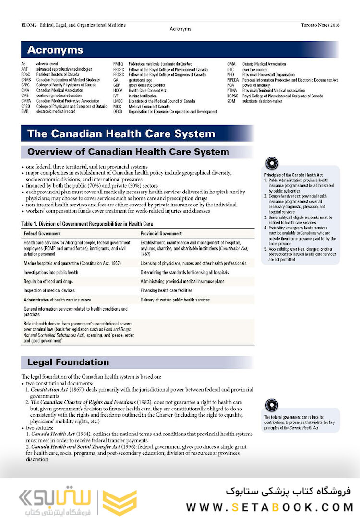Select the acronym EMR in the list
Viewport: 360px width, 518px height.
pyautogui.click(x=25, y=111)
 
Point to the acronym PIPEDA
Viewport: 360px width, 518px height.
pyautogui.click(x=233, y=80)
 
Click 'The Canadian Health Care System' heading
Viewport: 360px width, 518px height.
pyautogui.click(x=121, y=133)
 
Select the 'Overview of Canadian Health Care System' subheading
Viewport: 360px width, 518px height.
pyautogui.click(x=128, y=152)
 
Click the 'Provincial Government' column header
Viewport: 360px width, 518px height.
pyautogui.click(x=161, y=233)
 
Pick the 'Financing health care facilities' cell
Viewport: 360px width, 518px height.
pyautogui.click(x=167, y=290)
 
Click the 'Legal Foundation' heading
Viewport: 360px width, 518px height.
pyautogui.click(x=68, y=362)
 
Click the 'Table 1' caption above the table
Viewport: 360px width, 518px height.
pyautogui.click(x=87, y=224)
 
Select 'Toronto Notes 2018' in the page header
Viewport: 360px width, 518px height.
pyautogui.click(x=320, y=25)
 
